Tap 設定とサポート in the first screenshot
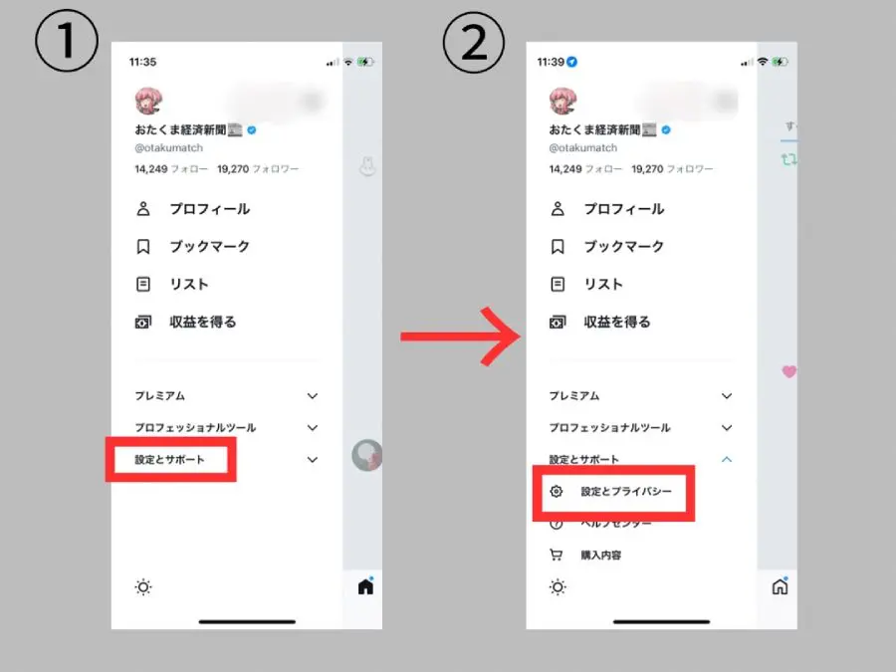169,460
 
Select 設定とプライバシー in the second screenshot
626,492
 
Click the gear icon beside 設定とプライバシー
558,492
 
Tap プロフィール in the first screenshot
209,209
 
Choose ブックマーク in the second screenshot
623,247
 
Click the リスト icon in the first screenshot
144,285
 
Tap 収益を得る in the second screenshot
617,323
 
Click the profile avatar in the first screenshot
148,101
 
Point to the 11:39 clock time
550,62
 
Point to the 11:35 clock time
143,62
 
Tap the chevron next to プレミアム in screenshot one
313,396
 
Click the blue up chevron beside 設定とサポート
727,460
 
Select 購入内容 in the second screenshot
602,556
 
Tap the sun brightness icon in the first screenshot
143,587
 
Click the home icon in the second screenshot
780,586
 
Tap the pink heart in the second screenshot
788,371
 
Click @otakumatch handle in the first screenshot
168,148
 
